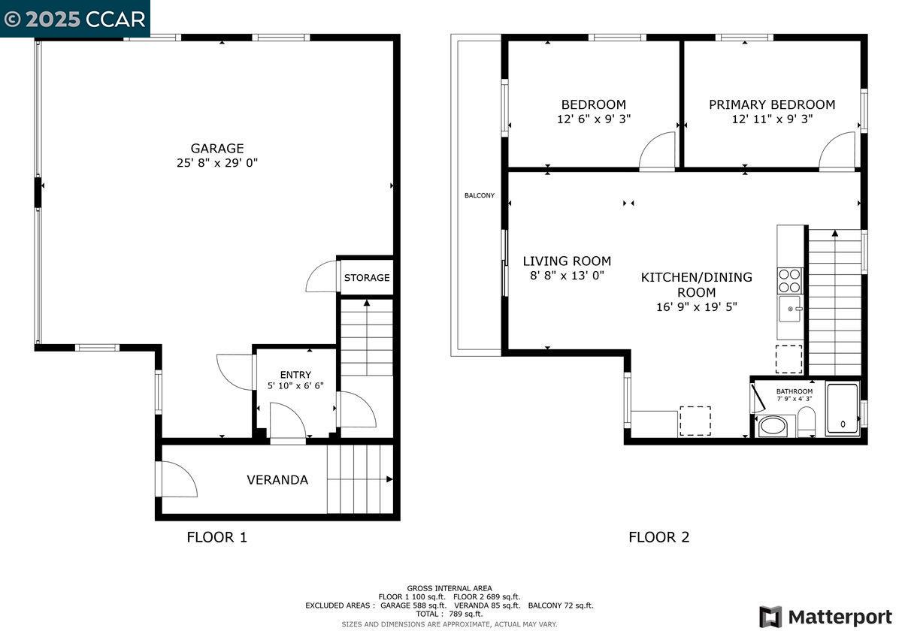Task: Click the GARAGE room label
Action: [x=217, y=149]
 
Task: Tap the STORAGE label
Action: [x=367, y=278]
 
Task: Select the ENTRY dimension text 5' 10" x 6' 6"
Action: [x=295, y=385]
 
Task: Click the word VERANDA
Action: [x=277, y=480]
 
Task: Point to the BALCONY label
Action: [x=480, y=195]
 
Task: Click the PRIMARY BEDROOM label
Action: [x=772, y=104]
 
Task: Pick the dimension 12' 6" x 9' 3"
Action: [x=594, y=119]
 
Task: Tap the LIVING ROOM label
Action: [x=567, y=261]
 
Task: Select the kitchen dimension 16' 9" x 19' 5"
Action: [x=697, y=307]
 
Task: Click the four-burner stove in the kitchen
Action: [x=789, y=280]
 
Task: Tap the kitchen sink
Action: [x=790, y=309]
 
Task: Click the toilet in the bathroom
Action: [x=806, y=421]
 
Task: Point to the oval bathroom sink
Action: [x=773, y=427]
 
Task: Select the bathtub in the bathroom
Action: [x=842, y=409]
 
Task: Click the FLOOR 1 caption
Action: [x=216, y=537]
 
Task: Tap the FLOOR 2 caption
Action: [x=659, y=537]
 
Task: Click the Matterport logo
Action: [x=826, y=617]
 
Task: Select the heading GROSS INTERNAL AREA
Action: [x=449, y=588]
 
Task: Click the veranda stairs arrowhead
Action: [x=389, y=479]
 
